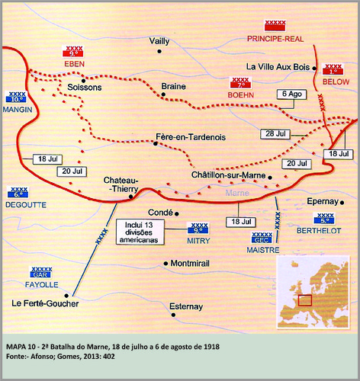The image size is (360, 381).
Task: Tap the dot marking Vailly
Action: coord(159,52)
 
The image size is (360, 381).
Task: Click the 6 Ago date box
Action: coord(290,94)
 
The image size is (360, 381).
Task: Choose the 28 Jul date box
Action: coord(275,134)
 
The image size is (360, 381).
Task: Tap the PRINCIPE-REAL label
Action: coord(273,38)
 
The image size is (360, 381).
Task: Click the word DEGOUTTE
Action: coord(24,204)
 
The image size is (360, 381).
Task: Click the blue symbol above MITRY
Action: coord(199,226)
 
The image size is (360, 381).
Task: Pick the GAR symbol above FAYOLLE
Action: coord(41,272)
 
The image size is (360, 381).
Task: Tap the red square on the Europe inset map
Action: coord(304,299)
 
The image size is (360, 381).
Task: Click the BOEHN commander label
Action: coord(239,93)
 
